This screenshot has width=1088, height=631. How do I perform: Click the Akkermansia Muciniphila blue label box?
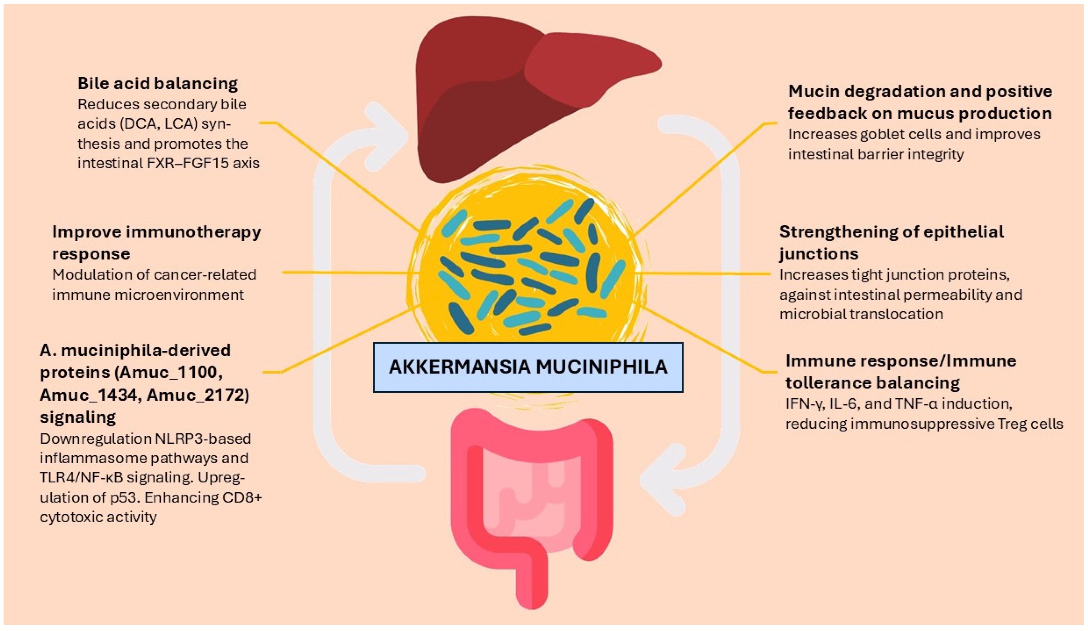coord(528,367)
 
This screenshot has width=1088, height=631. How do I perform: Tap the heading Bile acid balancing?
coord(158,83)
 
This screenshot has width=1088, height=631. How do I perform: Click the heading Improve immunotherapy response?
coord(156,242)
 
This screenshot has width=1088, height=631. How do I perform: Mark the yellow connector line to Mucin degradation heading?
coord(699,177)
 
